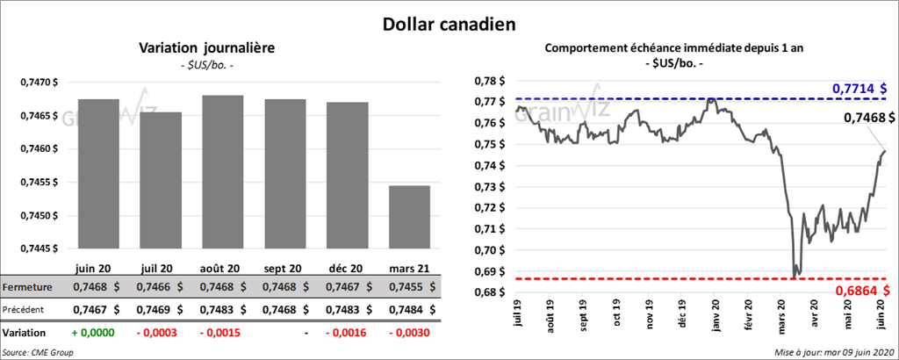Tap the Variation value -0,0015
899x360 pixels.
click(220, 334)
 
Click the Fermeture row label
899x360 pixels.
click(27, 287)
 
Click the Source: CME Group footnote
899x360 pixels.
click(38, 352)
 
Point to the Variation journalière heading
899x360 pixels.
click(207, 47)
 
